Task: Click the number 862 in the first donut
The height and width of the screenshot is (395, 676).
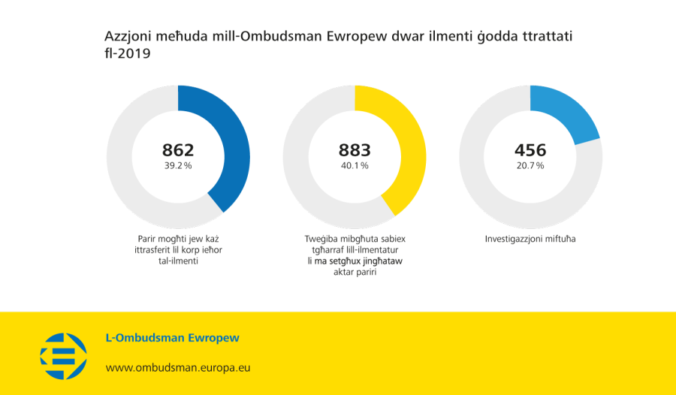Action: point(178,150)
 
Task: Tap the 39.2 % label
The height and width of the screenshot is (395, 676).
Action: point(178,166)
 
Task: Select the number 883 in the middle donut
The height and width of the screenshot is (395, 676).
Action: point(355,150)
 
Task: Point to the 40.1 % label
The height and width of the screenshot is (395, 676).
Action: point(355,166)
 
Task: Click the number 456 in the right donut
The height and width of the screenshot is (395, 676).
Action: point(530,150)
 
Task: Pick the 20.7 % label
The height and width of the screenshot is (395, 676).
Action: point(530,166)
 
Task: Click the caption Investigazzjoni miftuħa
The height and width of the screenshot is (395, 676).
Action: point(530,239)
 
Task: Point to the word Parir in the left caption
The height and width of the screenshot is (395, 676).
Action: point(140,239)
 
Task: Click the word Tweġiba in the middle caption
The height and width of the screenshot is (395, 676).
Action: point(312,239)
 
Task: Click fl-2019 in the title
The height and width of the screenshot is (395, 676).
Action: point(128,54)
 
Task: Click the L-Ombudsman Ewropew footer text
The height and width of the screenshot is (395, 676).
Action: point(173,339)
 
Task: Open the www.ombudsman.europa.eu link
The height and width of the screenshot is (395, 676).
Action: point(177,368)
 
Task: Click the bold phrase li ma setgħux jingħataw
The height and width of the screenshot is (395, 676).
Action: point(355,261)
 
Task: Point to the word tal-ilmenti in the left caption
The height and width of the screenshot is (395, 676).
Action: point(178,261)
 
